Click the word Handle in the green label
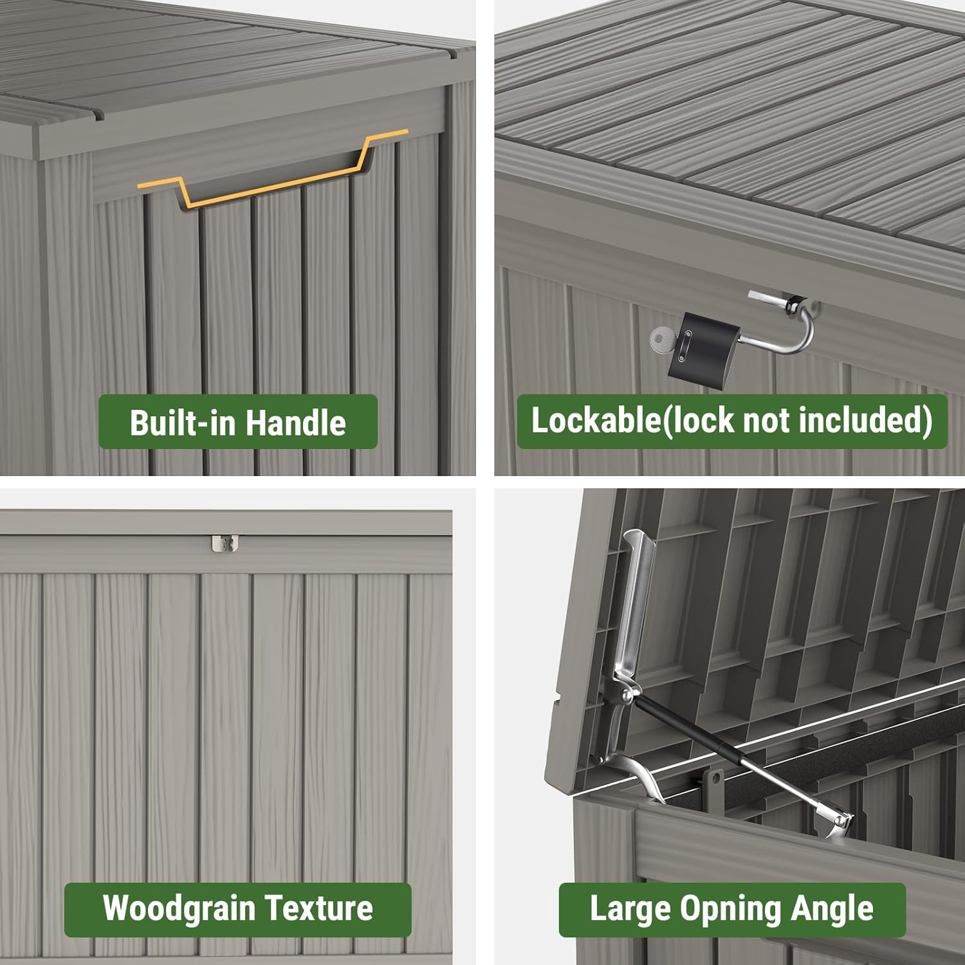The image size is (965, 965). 295,423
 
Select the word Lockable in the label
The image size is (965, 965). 596,421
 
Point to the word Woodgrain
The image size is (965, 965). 179,908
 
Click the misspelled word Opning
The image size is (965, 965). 731,908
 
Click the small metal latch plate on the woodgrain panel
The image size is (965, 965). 225,543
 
